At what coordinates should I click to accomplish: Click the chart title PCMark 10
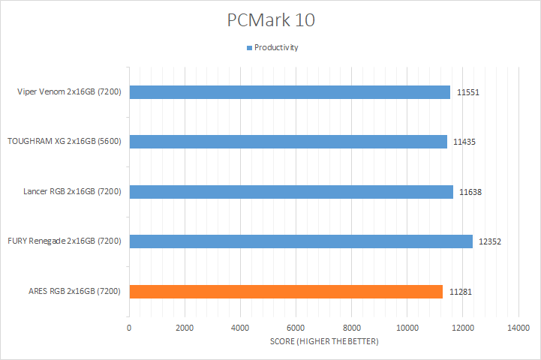tap(271, 20)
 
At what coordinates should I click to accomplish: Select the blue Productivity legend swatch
tap(249, 47)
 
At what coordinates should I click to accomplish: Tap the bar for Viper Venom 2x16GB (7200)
tap(290, 92)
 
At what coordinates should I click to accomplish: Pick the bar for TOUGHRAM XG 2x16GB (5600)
tap(288, 142)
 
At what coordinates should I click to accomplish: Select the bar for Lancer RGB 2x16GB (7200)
tap(291, 191)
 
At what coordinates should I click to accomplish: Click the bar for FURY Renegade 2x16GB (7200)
tap(301, 241)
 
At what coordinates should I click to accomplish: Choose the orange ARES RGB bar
tap(286, 291)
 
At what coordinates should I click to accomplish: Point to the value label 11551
tap(468, 93)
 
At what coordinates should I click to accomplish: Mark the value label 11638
tap(470, 192)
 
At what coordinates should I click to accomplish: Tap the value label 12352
tap(490, 241)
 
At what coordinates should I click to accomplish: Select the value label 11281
tap(461, 292)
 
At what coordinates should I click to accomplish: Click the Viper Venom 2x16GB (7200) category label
tap(71, 92)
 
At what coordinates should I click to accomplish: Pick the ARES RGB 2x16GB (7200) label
tap(77, 291)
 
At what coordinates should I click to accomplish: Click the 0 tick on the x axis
tap(129, 328)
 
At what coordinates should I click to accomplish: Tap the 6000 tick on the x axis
tap(296, 328)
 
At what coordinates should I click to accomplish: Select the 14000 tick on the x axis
tap(518, 328)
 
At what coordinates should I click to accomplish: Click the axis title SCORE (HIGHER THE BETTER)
tap(324, 342)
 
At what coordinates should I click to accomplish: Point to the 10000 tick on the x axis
tap(407, 328)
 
